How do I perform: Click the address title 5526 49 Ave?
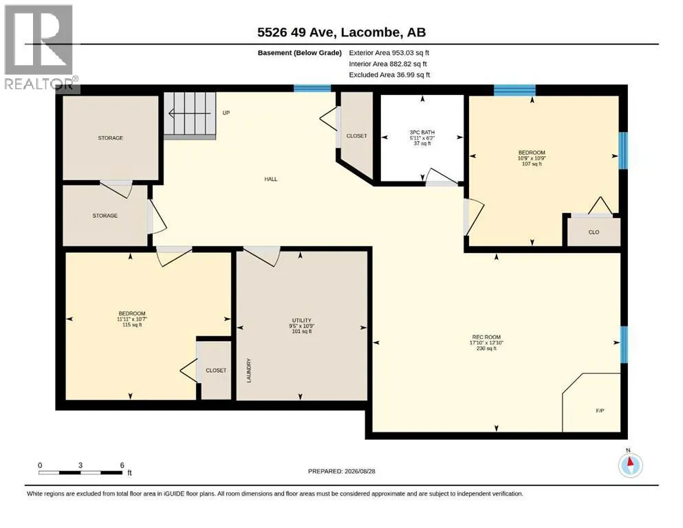296,32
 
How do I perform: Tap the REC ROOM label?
486,337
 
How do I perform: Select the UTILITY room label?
301,320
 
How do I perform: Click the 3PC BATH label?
422,132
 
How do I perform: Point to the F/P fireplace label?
600,410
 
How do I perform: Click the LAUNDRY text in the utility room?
249,371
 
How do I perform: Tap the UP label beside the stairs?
226,113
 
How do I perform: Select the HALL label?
270,179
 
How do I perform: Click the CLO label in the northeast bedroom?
594,232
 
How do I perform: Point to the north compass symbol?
630,465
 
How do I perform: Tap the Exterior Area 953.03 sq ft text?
389,53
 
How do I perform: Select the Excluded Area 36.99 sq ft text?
389,75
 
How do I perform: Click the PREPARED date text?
341,471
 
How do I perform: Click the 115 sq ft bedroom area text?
132,324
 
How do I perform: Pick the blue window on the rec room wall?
625,344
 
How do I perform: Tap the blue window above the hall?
312,89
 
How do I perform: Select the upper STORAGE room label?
110,138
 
